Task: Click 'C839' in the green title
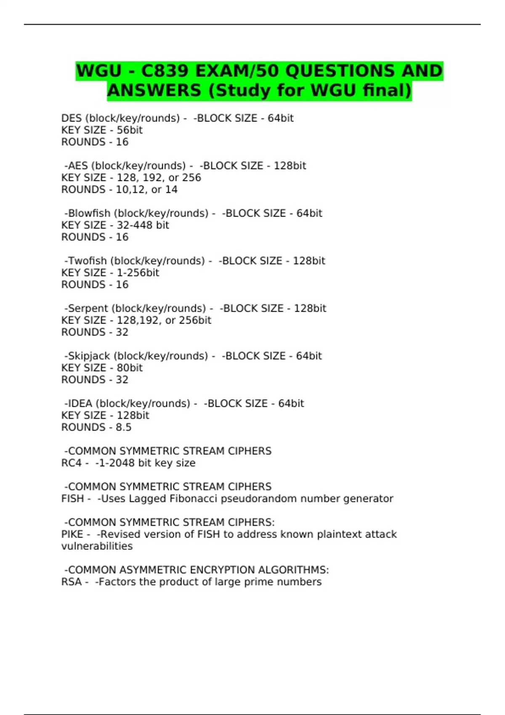click(x=165, y=71)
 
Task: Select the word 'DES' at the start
click(x=72, y=118)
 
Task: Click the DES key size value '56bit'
click(x=130, y=130)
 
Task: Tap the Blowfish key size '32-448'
click(x=134, y=225)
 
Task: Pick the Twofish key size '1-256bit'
click(x=138, y=273)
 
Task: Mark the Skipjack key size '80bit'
click(x=130, y=368)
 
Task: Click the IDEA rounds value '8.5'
click(x=124, y=427)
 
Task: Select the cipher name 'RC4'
click(x=72, y=463)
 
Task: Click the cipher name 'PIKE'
click(x=72, y=534)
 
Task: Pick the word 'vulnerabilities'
click(x=97, y=546)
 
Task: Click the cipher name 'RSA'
click(x=72, y=582)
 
